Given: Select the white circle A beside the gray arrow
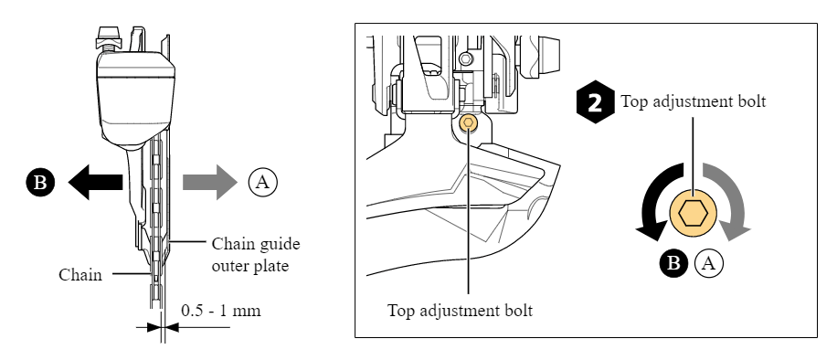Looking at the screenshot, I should pyautogui.click(x=261, y=181).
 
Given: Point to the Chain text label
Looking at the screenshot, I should pyautogui.click(x=80, y=273).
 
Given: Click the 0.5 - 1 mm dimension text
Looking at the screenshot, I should pyautogui.click(x=220, y=311).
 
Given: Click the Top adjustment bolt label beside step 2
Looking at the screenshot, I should pyautogui.click(x=693, y=101).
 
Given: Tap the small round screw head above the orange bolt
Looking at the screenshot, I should pyautogui.click(x=465, y=59).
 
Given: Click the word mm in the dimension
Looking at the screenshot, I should pyautogui.click(x=248, y=311).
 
